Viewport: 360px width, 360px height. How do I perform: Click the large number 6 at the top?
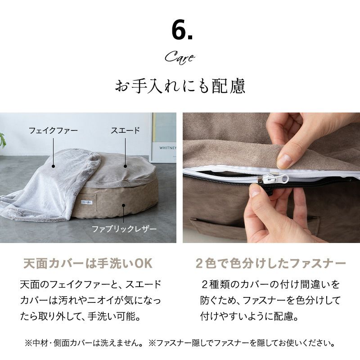click(179, 31)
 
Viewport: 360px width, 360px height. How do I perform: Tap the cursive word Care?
click(180, 58)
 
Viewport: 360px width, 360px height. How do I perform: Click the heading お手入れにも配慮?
click(180, 86)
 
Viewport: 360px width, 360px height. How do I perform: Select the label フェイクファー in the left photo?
click(53, 130)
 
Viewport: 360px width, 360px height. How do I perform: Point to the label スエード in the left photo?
click(126, 130)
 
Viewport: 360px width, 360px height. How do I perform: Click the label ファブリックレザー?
click(124, 229)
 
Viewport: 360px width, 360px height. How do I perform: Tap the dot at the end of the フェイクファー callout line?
click(53, 166)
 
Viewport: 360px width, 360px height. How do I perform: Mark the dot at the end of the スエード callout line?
click(126, 166)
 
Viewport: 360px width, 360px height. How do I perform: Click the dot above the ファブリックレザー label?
click(123, 205)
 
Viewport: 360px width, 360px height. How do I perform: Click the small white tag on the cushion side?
click(86, 202)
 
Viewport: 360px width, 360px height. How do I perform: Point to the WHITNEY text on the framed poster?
click(168, 148)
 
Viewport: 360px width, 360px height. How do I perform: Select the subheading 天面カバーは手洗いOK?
click(88, 264)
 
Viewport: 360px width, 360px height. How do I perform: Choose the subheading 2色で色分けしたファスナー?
click(271, 264)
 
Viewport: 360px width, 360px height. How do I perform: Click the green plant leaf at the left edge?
click(3, 139)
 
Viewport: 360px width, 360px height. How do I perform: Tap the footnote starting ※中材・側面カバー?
click(83, 343)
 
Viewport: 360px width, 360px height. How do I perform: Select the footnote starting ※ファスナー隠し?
click(242, 343)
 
